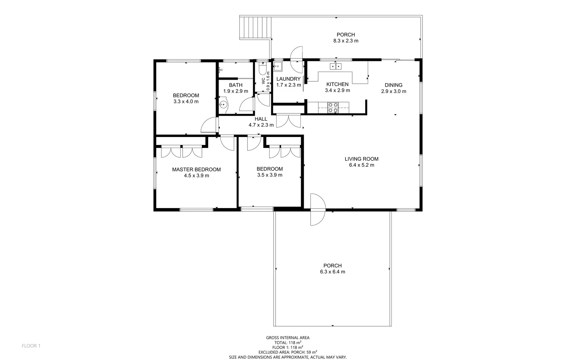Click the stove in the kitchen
[x=333, y=108]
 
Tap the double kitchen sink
[x=335, y=66]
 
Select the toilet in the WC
[x=263, y=69]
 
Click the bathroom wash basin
[x=223, y=105]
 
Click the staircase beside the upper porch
[x=255, y=28]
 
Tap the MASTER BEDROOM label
[x=196, y=169]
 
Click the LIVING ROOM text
[x=361, y=159]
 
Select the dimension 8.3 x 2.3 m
[x=346, y=41]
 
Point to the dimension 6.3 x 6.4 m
[x=332, y=272]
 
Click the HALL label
[x=261, y=119]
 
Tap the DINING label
[x=393, y=85]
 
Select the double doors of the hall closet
[x=288, y=121]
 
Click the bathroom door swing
[x=247, y=105]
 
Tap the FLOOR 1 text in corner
[x=31, y=346]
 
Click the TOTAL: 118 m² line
[x=288, y=342]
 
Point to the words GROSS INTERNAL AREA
[x=288, y=338]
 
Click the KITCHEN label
[x=337, y=84]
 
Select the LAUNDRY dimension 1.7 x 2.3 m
[x=288, y=85]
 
